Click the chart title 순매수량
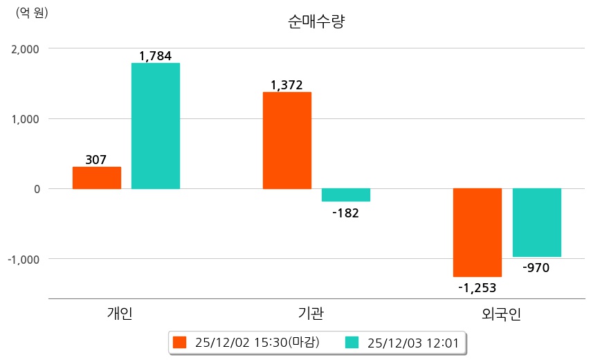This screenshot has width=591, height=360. pyautogui.click(x=316, y=21)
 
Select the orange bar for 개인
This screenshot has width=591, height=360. pyautogui.click(x=97, y=178)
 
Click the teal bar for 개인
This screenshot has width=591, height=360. pyautogui.click(x=156, y=126)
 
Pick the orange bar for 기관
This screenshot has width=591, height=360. pyautogui.click(x=287, y=141)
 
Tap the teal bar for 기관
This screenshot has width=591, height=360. pyautogui.click(x=346, y=195)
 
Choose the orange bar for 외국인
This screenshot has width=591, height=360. pyautogui.click(x=478, y=233)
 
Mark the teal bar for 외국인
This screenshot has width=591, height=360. pyautogui.click(x=536, y=223)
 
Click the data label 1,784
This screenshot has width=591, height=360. pyautogui.click(x=155, y=56)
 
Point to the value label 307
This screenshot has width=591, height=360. pyautogui.click(x=96, y=160)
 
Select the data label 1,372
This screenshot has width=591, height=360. pyautogui.click(x=287, y=85)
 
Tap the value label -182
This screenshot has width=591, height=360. pyautogui.click(x=345, y=213)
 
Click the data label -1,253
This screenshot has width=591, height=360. pyautogui.click(x=477, y=287)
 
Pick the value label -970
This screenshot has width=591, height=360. pyautogui.click(x=536, y=267)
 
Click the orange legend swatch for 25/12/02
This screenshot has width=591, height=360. pyautogui.click(x=180, y=342)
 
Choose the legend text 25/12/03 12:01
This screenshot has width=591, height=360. pyautogui.click(x=414, y=342)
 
